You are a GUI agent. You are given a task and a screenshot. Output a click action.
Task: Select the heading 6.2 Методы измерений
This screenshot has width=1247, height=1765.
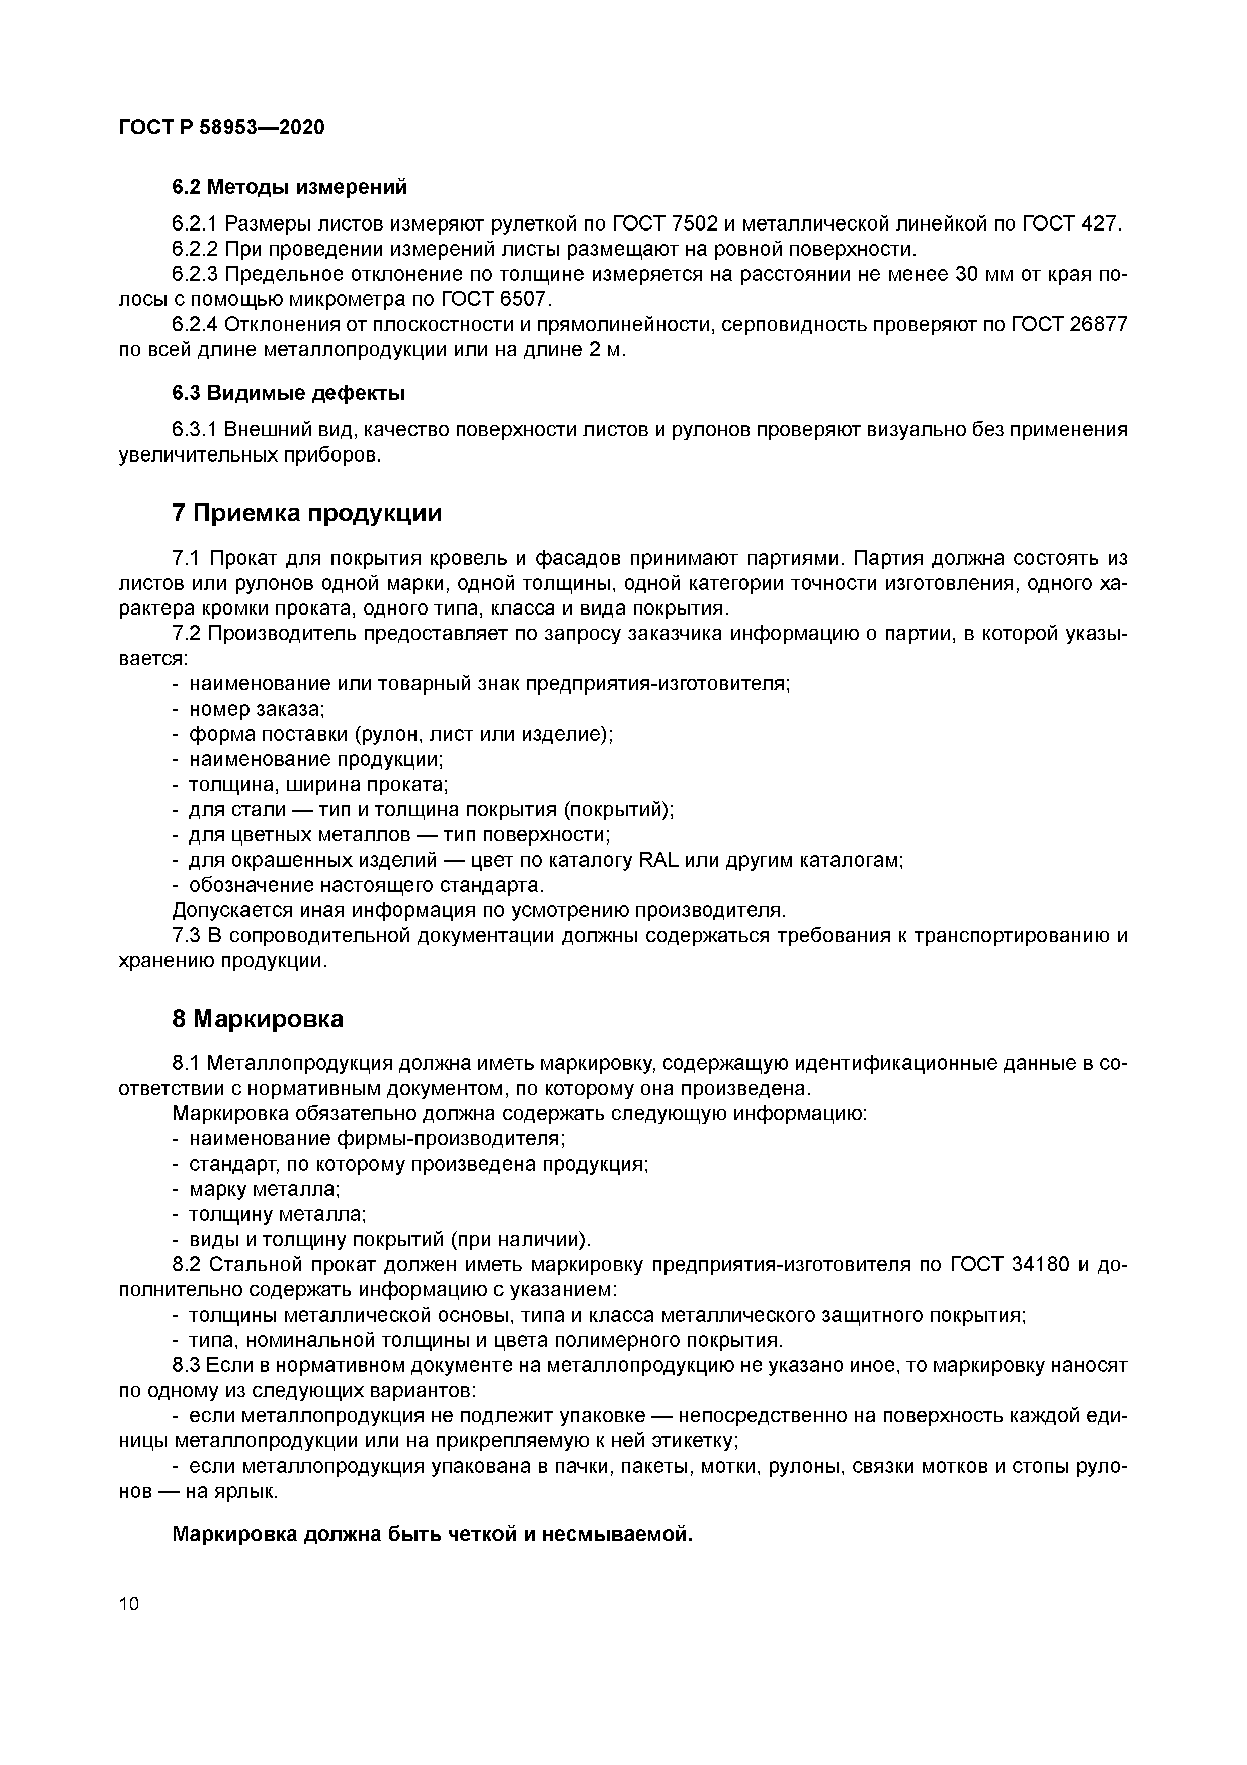(289, 187)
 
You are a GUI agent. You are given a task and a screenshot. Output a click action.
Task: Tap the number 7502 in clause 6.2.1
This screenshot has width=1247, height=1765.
(695, 224)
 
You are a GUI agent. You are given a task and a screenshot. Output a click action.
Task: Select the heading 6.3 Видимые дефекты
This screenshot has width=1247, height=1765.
(288, 393)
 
